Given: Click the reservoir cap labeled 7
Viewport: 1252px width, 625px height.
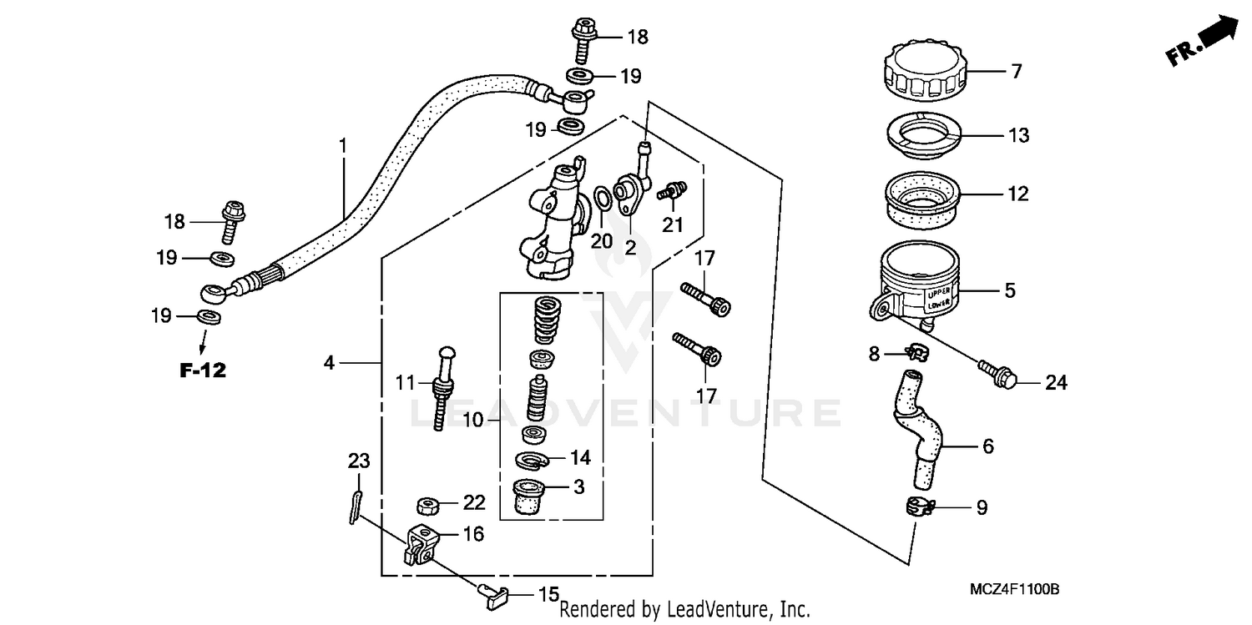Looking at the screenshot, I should [x=923, y=73].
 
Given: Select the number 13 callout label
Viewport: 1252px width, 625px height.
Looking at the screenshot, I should [x=1019, y=135].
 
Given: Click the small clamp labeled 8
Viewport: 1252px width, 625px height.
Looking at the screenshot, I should [x=916, y=355].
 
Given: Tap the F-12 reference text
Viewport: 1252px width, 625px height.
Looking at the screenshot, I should [x=203, y=370].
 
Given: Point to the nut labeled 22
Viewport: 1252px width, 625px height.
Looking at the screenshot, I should [x=428, y=505].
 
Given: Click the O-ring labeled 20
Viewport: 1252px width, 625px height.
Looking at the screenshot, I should [x=600, y=200].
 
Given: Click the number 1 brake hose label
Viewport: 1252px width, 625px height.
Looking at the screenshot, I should [x=342, y=146].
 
